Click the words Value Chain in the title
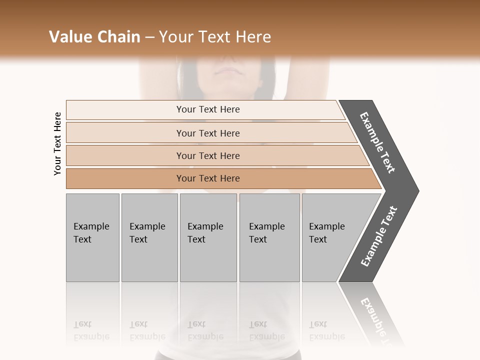[x=94, y=37]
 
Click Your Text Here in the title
[x=215, y=37]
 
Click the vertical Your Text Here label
[x=57, y=143]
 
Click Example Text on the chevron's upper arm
[x=378, y=142]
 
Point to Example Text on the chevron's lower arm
[x=378, y=236]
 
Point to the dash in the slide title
[x=149, y=37]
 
